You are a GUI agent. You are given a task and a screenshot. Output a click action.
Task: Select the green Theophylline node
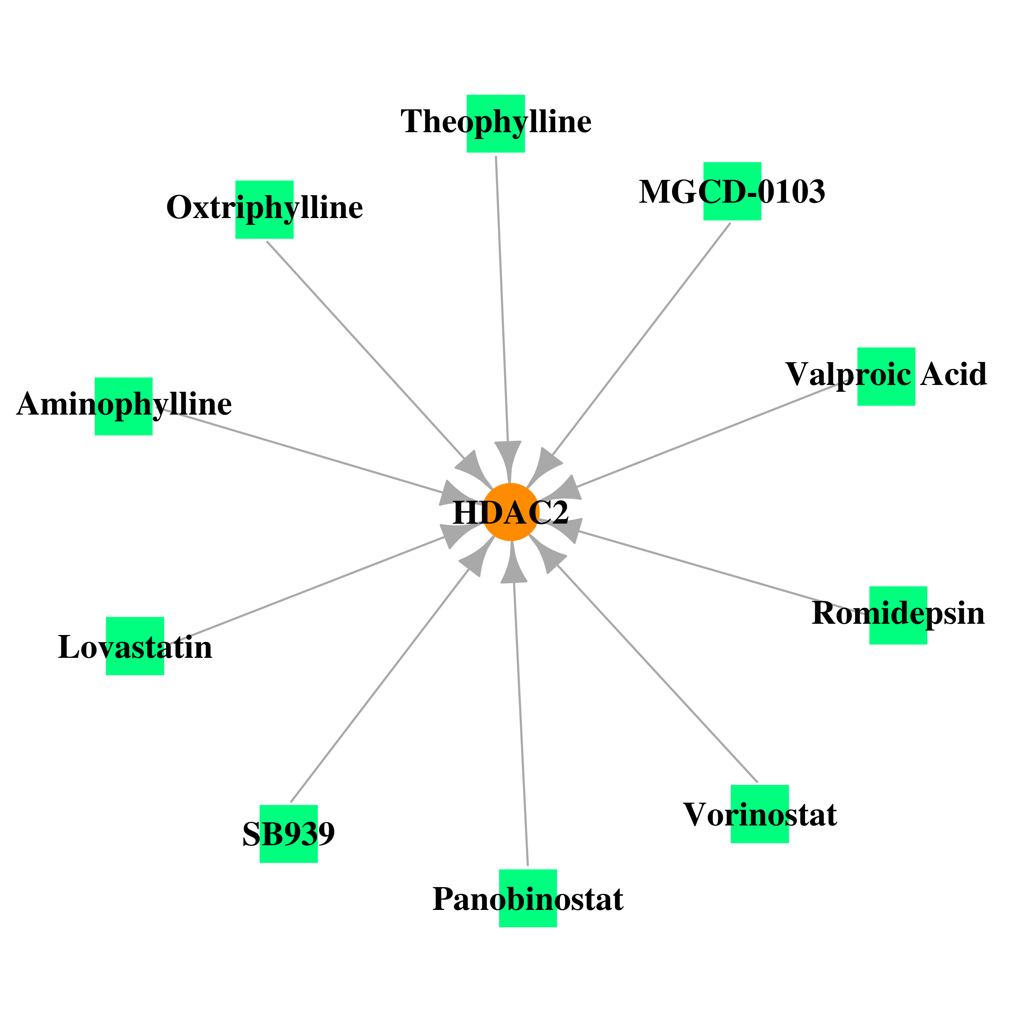(x=496, y=124)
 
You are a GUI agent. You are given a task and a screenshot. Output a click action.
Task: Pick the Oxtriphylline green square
(x=264, y=210)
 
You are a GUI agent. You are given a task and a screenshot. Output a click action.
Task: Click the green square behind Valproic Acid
(x=886, y=377)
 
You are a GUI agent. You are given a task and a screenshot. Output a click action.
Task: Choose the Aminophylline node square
(x=124, y=406)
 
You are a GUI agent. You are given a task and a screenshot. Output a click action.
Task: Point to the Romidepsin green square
(x=898, y=615)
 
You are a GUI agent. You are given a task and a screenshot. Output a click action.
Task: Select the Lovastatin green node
(x=135, y=646)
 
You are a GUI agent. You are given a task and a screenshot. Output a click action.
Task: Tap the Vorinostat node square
(x=760, y=814)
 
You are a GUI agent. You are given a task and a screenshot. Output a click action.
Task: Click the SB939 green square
(x=289, y=834)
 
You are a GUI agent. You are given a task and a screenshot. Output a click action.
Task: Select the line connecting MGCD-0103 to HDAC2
(x=640, y=340)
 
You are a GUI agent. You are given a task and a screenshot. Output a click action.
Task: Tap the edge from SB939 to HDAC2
(x=380, y=685)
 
